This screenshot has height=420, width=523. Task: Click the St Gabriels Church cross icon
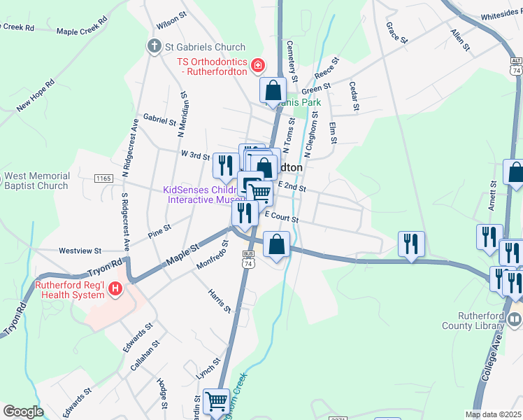[x=154, y=47]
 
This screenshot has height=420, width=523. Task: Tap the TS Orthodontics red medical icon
[x=258, y=66]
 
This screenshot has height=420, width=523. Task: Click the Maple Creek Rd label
[x=83, y=31]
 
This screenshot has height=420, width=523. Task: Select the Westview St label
[x=80, y=250]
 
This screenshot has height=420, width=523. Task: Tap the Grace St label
[x=396, y=32]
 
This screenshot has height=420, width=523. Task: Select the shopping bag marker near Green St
[x=273, y=90]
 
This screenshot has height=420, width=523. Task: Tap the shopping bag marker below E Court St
[x=277, y=245]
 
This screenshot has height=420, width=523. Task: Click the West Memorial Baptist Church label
[x=36, y=180]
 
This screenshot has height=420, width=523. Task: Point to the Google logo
[x=23, y=412]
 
